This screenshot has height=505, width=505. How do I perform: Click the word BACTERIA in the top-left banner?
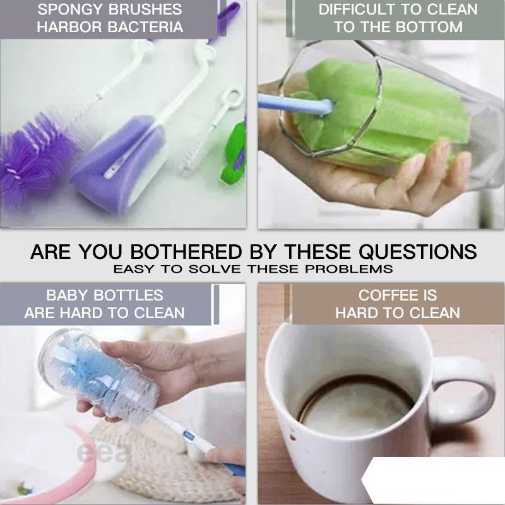click(145, 27)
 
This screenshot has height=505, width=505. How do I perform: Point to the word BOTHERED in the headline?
click(186, 251)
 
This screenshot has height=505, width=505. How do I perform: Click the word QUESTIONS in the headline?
click(418, 251)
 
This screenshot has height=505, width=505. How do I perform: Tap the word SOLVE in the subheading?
click(215, 269)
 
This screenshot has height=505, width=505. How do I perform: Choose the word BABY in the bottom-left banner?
click(67, 295)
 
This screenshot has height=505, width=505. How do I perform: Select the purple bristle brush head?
click(35, 155)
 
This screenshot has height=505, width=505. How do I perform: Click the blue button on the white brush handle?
click(189, 436)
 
